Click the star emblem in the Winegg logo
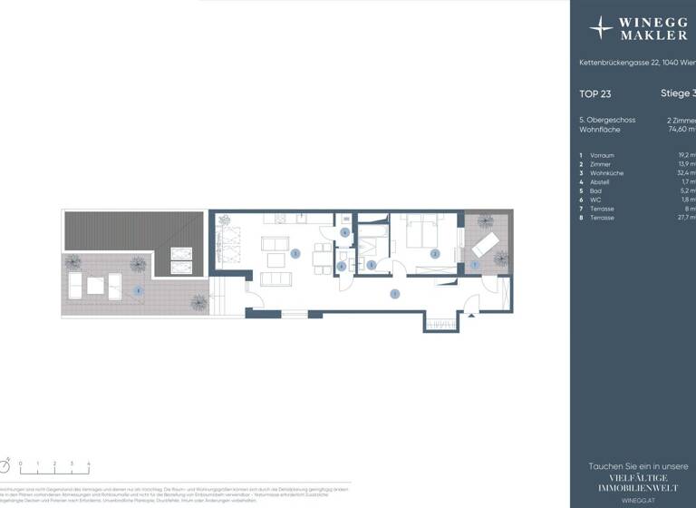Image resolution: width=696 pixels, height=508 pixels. [x=601, y=28]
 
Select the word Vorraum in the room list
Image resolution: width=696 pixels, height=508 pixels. [x=602, y=155]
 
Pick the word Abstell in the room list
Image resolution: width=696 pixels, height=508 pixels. [x=600, y=182]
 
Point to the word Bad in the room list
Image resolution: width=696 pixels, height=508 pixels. [x=595, y=191]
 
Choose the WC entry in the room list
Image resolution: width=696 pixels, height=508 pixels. [x=595, y=200]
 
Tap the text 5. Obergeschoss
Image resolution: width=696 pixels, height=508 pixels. [x=607, y=120]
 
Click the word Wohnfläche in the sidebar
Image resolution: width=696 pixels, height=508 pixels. [x=599, y=130]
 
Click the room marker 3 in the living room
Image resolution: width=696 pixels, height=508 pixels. [x=296, y=254]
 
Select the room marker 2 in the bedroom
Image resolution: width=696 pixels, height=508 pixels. [x=435, y=254]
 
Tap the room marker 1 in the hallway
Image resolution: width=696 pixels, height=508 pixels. [x=394, y=293]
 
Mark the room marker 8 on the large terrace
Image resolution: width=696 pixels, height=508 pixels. [x=137, y=290]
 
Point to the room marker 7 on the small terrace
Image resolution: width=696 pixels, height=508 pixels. [x=474, y=264]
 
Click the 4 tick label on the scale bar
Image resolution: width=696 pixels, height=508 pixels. [x=89, y=464]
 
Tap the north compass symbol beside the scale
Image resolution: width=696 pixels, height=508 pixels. [x=5, y=465]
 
